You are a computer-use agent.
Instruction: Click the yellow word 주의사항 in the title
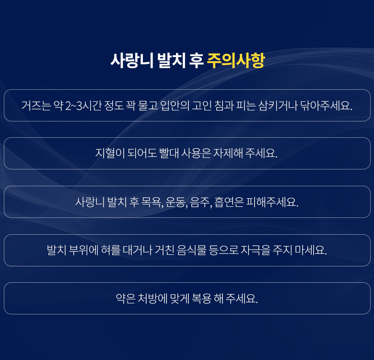coord(236,60)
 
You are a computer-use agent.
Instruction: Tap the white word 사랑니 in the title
coord(132,60)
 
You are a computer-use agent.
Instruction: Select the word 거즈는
coord(36,105)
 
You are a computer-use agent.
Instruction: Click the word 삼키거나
coord(278,105)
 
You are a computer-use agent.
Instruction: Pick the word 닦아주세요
coord(326,105)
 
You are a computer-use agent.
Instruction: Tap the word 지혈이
coord(110,153)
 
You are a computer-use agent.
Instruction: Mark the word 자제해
coord(228,153)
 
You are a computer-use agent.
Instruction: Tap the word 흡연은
coord(229,202)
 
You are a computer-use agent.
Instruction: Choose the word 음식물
coord(192,250)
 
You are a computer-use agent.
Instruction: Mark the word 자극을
coord(256,250)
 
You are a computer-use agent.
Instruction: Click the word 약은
coord(126,299)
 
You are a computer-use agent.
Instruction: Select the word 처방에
coord(152,299)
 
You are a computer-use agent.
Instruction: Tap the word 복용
coord(201,299)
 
